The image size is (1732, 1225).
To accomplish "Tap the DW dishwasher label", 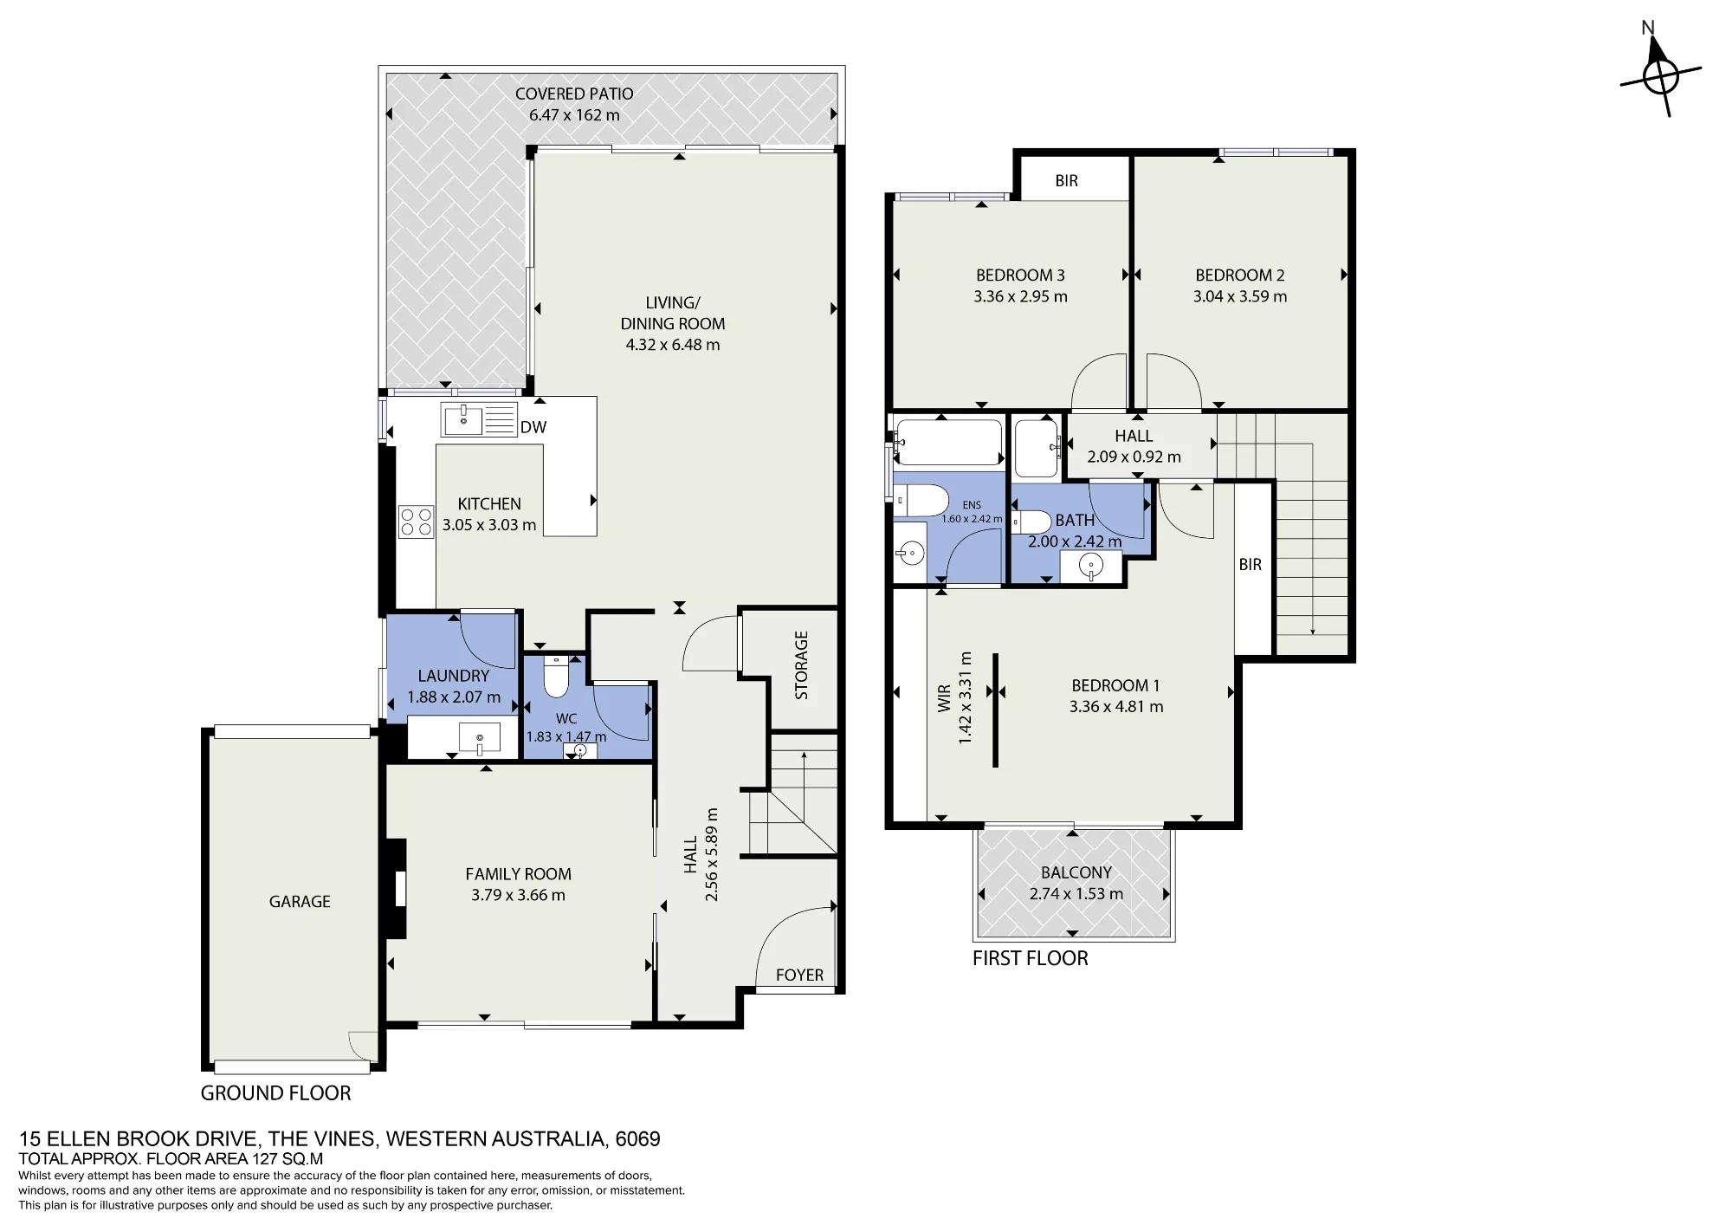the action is pyautogui.click(x=533, y=427).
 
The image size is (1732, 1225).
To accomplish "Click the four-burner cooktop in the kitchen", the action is pyautogui.click(x=416, y=522).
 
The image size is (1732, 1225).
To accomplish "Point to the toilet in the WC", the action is pyautogui.click(x=555, y=677).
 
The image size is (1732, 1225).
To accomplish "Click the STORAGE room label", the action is pyautogui.click(x=801, y=664).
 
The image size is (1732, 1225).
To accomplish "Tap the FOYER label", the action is pyautogui.click(x=799, y=975).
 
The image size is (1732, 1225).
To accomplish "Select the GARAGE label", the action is pyautogui.click(x=300, y=902).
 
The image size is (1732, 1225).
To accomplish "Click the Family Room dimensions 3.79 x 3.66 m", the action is pyautogui.click(x=518, y=895).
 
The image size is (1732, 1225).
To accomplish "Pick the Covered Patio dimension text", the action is pyautogui.click(x=574, y=115).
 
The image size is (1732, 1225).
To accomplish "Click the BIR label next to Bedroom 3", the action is pyautogui.click(x=1067, y=180).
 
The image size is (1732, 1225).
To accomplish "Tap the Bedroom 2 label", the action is pyautogui.click(x=1240, y=275).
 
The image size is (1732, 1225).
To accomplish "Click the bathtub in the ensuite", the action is pyautogui.click(x=948, y=443).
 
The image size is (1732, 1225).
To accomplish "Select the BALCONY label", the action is pyautogui.click(x=1076, y=873).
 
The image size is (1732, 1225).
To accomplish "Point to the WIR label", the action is pyautogui.click(x=945, y=698).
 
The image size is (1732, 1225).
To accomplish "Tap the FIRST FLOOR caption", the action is pyautogui.click(x=1031, y=958).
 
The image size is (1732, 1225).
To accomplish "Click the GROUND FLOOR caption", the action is pyautogui.click(x=276, y=1093).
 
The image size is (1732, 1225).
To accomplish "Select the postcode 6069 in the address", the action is pyautogui.click(x=638, y=1139).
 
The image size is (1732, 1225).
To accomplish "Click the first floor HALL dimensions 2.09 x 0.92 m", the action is pyautogui.click(x=1134, y=457).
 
